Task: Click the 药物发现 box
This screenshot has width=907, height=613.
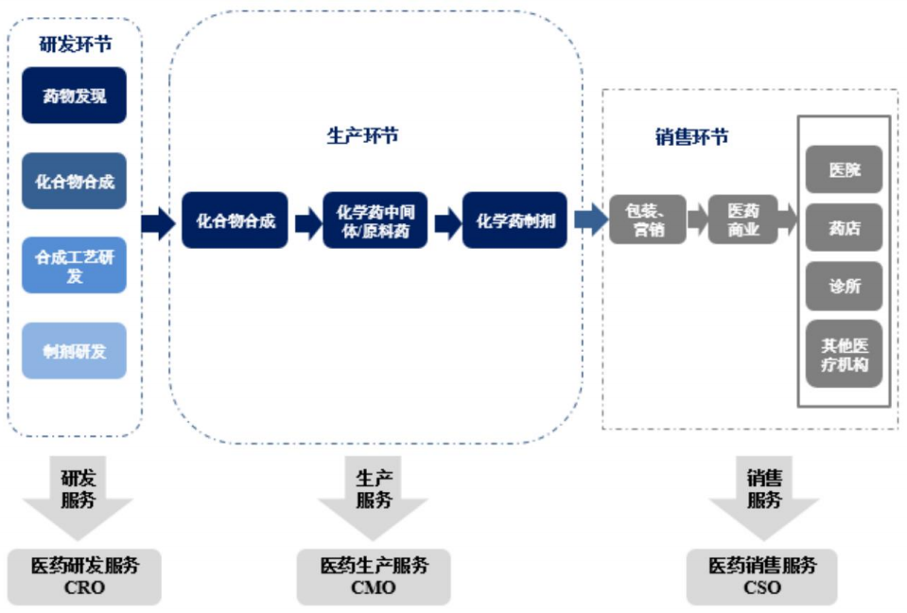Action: pyautogui.click(x=74, y=96)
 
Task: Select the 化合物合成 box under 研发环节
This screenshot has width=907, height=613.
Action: pyautogui.click(x=74, y=181)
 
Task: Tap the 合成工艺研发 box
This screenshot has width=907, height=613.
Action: pyautogui.click(x=74, y=265)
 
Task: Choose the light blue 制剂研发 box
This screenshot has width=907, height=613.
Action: pyautogui.click(x=74, y=351)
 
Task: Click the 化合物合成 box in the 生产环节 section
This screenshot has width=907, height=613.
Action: pyautogui.click(x=235, y=221)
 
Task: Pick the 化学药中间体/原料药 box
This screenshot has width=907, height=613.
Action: pyautogui.click(x=375, y=221)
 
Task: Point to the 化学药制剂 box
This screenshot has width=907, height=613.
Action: pyautogui.click(x=515, y=221)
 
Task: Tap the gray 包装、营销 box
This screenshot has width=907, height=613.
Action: pyautogui.click(x=648, y=219)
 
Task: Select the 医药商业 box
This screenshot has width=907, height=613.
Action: pyautogui.click(x=742, y=219)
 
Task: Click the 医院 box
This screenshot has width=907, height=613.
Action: pyautogui.click(x=844, y=170)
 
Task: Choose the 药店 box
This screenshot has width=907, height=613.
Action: pyautogui.click(x=844, y=228)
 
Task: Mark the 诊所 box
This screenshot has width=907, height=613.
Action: pyautogui.click(x=844, y=287)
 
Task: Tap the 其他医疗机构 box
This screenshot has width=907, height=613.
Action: pyautogui.click(x=844, y=355)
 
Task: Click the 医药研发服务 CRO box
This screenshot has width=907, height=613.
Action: pyautogui.click(x=84, y=576)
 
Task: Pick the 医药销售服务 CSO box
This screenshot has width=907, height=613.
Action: pyautogui.click(x=761, y=576)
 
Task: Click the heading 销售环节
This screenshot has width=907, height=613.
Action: pyautogui.click(x=691, y=137)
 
